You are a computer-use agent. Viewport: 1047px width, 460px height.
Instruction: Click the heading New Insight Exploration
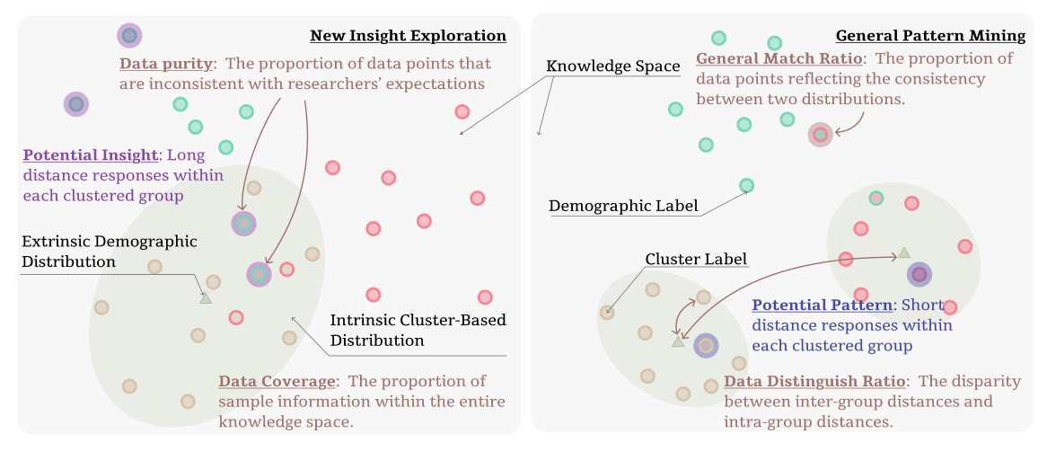coord(408,36)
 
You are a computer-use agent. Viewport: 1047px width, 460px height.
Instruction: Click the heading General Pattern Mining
coord(930,36)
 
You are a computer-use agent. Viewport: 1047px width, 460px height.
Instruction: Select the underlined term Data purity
coord(166,64)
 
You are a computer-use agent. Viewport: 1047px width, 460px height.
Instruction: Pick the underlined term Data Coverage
coord(277,382)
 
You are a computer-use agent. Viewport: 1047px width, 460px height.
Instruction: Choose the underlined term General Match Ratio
coord(779,59)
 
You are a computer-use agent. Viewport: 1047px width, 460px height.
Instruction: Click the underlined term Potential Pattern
coord(822,305)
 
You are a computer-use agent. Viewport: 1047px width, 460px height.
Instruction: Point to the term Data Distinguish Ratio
coord(815,382)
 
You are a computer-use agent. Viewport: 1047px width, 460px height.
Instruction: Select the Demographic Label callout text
coord(623,207)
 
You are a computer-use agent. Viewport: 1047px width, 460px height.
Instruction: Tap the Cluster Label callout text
coord(696,260)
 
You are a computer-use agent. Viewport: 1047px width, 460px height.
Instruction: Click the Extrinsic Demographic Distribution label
coord(109,252)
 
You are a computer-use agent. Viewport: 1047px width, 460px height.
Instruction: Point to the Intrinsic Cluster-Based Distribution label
coord(418,331)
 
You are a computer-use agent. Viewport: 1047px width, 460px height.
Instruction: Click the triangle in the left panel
coord(206,297)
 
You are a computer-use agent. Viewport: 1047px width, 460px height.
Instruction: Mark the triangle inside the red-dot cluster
coord(904,253)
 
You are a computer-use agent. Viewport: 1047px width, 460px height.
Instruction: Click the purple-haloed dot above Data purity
coord(129,36)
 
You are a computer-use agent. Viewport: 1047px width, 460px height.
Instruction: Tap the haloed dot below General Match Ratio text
coord(820,135)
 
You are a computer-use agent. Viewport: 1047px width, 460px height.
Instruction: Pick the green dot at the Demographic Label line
coord(746,186)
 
